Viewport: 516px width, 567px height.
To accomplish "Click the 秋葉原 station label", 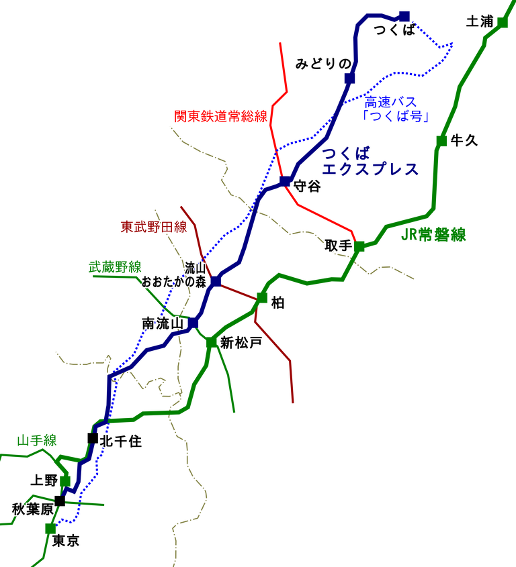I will (32, 509).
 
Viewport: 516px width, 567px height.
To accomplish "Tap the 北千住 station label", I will (121, 441).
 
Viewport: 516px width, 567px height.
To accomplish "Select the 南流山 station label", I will (163, 323).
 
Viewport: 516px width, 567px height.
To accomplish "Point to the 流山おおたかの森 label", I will (174, 275).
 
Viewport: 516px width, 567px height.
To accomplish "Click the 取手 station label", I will (338, 246).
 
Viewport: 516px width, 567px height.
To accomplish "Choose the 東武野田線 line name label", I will (154, 227).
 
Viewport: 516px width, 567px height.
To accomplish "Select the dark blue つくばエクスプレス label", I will (370, 161).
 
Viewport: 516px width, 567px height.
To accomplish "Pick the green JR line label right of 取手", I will (433, 235).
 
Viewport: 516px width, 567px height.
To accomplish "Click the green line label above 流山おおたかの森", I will (114, 267).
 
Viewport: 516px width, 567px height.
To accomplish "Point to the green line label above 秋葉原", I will (37, 441).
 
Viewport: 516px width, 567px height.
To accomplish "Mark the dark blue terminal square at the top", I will (404, 16).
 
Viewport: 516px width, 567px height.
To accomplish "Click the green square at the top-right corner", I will (503, 23).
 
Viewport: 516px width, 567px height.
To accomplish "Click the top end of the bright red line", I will (279, 42).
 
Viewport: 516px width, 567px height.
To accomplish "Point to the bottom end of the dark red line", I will (293, 403).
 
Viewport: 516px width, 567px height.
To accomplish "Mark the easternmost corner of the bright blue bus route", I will (454, 44).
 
